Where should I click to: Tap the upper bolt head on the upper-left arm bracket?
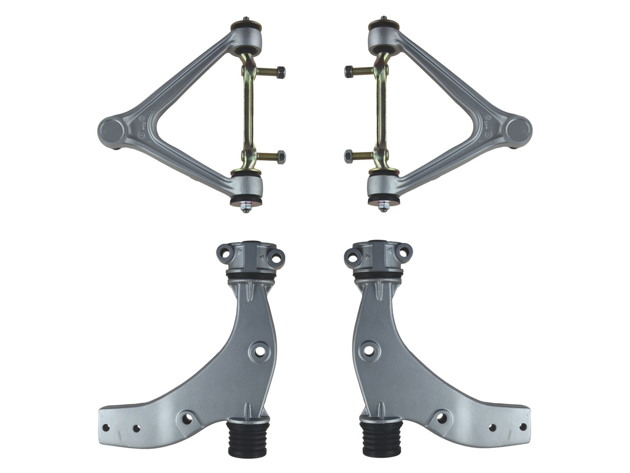pyautogui.click(x=281, y=72)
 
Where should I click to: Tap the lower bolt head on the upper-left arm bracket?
pyautogui.click(x=281, y=155)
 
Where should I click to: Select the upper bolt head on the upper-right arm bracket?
pyautogui.click(x=348, y=71)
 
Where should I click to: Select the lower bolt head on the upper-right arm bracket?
pyautogui.click(x=348, y=156)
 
